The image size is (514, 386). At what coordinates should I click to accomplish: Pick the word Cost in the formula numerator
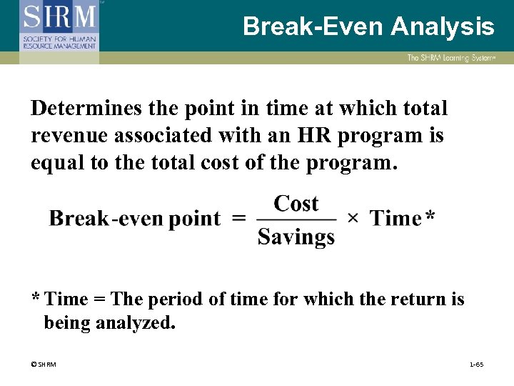[x=296, y=204]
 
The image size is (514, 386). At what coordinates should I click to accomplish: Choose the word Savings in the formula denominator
[x=296, y=236]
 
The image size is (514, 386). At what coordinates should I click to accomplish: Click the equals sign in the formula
[x=239, y=219]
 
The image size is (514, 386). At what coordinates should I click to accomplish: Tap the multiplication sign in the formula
[x=352, y=218]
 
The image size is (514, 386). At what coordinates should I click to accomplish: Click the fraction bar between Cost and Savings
[x=296, y=219]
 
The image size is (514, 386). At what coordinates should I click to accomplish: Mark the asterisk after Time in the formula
[x=429, y=216]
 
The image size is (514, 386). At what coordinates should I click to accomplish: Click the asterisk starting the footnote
[x=36, y=297]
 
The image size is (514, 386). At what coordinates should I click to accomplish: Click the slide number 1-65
[x=476, y=365]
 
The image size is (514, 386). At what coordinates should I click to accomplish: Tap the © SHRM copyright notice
[x=44, y=365]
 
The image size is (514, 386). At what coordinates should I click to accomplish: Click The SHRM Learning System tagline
[x=450, y=58]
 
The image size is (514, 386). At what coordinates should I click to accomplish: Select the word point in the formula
[x=194, y=219]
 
